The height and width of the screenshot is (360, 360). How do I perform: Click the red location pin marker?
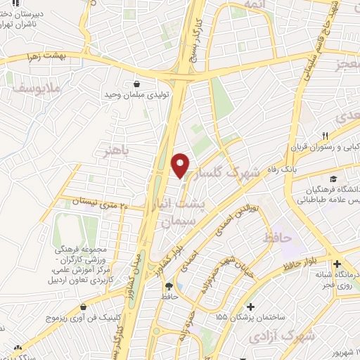(181, 165)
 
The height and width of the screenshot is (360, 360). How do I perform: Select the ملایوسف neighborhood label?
(35, 89)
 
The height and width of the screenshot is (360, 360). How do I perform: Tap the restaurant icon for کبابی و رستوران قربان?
(325, 136)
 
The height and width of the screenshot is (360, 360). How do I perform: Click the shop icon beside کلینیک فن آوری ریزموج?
(84, 307)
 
